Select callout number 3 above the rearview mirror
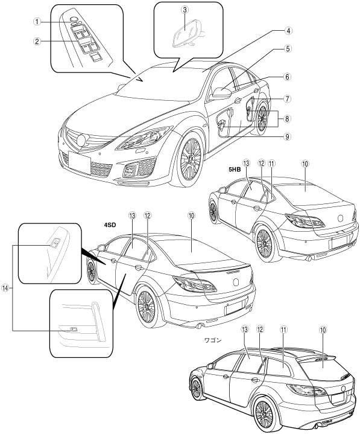(185, 10)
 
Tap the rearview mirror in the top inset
(185, 33)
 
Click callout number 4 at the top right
(288, 31)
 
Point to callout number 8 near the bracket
(287, 118)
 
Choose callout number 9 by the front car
(287, 136)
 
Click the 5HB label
(234, 170)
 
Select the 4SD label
(110, 225)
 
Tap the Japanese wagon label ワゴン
(213, 340)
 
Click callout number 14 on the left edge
(5, 288)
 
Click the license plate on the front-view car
(79, 162)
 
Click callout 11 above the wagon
(283, 330)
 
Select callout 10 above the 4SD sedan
(191, 215)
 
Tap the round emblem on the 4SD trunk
(236, 282)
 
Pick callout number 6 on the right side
(287, 77)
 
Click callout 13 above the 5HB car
(246, 164)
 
